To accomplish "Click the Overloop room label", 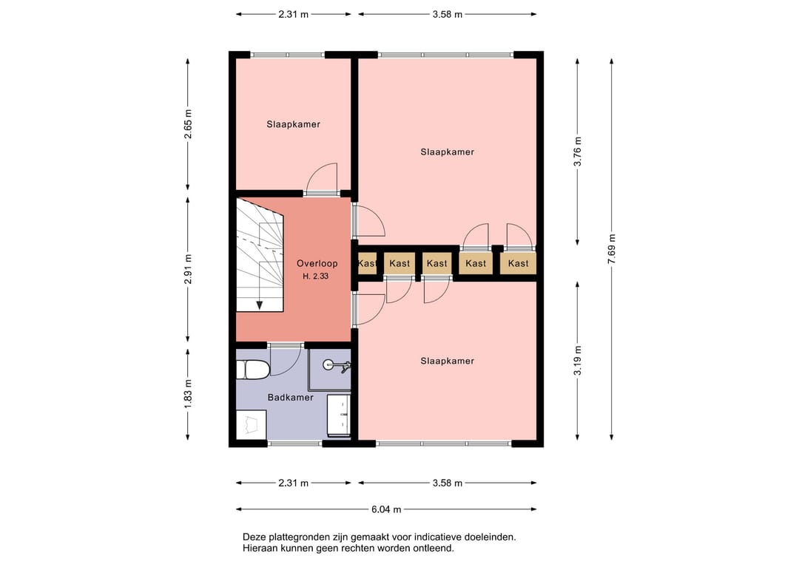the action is click(x=317, y=263).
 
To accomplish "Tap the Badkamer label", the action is click(x=291, y=397).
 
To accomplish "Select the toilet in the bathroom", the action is click(x=253, y=370).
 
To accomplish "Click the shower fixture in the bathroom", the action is click(x=337, y=365).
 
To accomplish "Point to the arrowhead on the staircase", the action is click(x=260, y=305).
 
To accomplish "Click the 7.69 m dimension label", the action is click(x=612, y=249).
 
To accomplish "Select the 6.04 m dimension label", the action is click(x=386, y=509).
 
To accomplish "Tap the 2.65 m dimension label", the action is click(x=188, y=124).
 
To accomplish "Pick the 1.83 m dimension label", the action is click(x=188, y=394).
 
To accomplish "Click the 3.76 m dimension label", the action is click(x=577, y=152).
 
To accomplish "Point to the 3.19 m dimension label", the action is click(x=577, y=361).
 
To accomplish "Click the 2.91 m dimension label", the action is click(x=188, y=269).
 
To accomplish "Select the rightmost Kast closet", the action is click(x=518, y=263).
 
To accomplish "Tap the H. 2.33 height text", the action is click(x=315, y=276).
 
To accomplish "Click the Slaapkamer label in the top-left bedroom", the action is click(x=293, y=124).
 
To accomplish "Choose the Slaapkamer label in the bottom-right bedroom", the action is click(x=447, y=361).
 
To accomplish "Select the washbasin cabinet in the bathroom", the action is click(x=339, y=415).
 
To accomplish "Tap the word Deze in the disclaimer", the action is click(x=253, y=537).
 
